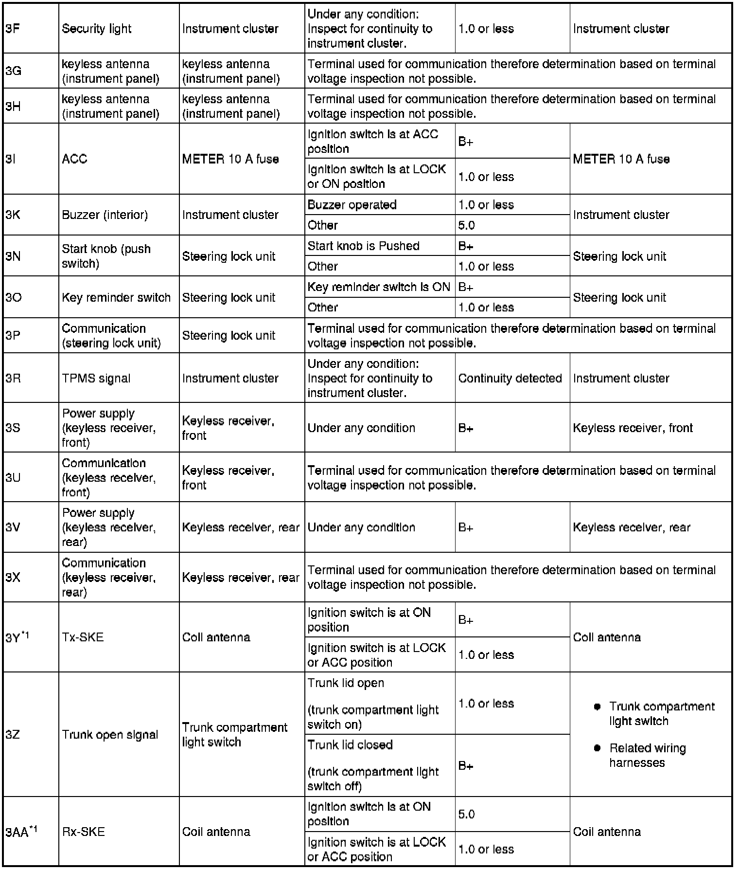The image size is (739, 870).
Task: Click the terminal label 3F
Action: [13, 29]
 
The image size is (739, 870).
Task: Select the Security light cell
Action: [96, 29]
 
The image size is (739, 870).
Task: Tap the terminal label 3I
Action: [10, 159]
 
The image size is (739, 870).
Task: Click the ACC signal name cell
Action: [74, 159]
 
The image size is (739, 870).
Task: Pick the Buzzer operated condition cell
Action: [352, 205]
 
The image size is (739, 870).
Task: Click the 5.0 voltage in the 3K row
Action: [466, 225]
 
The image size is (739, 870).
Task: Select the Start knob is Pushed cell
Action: [363, 246]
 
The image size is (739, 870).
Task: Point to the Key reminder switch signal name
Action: [116, 297]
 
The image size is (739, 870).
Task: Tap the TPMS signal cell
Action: [96, 378]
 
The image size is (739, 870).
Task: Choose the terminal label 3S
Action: [13, 428]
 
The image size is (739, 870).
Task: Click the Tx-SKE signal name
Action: [83, 637]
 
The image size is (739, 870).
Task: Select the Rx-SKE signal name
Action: [83, 832]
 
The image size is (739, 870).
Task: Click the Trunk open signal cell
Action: [110, 734]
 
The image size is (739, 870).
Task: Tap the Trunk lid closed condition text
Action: [350, 744]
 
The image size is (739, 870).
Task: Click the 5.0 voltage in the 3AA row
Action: [466, 814]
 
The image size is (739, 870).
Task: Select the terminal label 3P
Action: [13, 335]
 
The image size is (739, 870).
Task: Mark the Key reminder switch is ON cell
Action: [379, 287]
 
